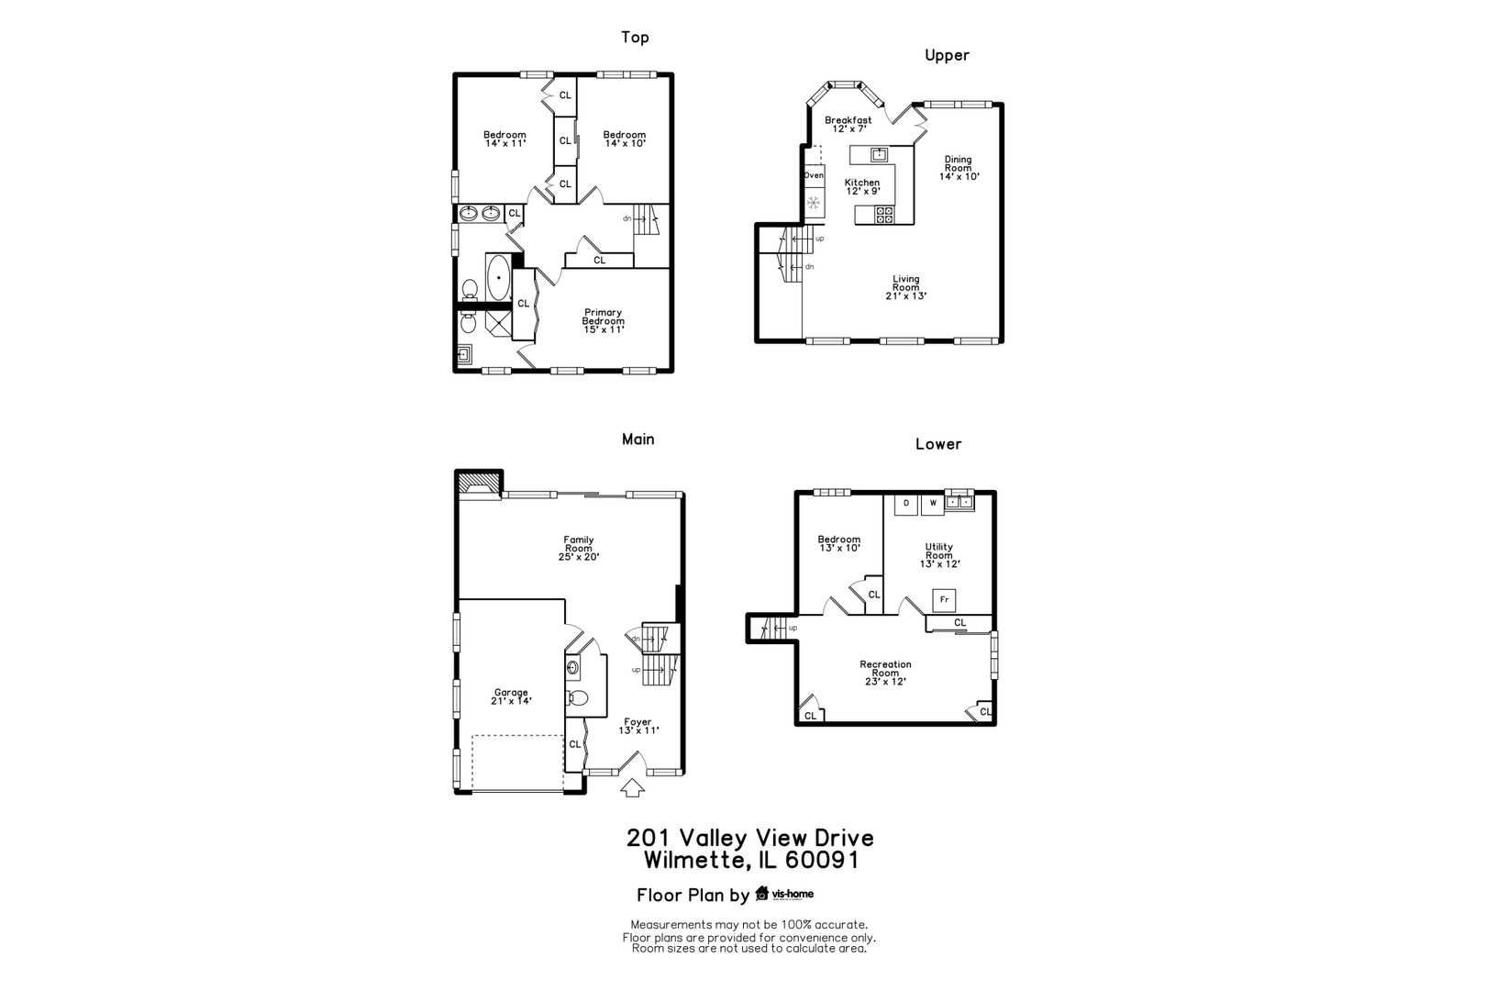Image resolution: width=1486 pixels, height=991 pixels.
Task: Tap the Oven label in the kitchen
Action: (x=814, y=175)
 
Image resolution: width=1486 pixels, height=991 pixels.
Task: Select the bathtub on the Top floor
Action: (x=499, y=276)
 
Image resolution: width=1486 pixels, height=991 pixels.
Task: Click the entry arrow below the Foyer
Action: (x=633, y=787)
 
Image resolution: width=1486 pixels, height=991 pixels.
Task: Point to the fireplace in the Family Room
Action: (x=478, y=484)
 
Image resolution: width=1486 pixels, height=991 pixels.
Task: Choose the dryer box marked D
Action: (x=906, y=503)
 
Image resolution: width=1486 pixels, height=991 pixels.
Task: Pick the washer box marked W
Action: (x=933, y=503)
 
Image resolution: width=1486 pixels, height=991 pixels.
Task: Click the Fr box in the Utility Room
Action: (x=944, y=600)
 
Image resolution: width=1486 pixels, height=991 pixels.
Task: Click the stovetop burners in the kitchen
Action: (x=884, y=215)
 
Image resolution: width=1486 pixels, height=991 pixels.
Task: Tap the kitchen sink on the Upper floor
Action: (x=880, y=153)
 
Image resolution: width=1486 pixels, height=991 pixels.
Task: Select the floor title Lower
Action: (x=938, y=444)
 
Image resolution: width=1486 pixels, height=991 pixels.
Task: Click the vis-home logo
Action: (x=784, y=894)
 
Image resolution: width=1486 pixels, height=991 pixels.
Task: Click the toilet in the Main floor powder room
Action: (x=577, y=697)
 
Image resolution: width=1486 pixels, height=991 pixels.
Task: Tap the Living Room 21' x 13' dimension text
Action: (x=906, y=296)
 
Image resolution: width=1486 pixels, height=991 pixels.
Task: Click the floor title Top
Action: (x=635, y=38)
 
